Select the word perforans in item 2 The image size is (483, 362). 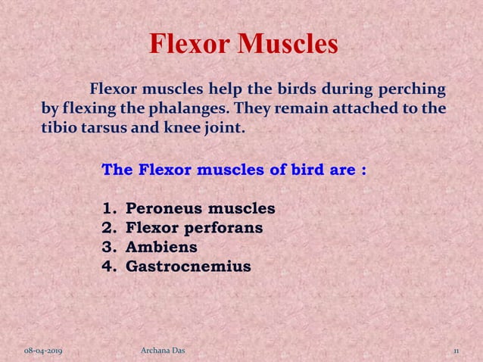223,227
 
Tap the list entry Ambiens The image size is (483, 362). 161,247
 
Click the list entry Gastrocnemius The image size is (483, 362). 188,267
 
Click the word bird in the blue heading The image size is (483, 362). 309,169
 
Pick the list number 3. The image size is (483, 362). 107,247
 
